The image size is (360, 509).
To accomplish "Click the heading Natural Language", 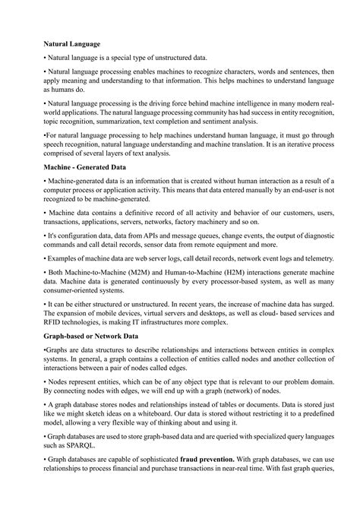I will click(72, 45).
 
